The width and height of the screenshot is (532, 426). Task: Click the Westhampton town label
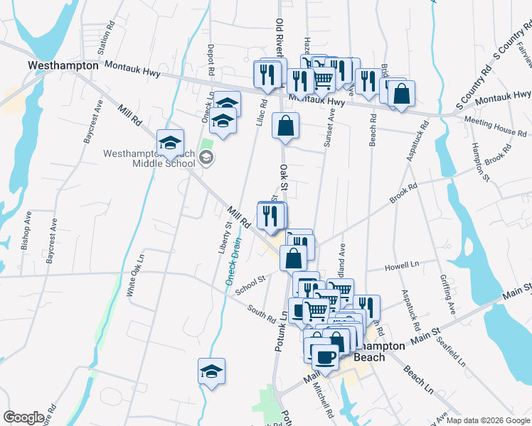[x=63, y=65]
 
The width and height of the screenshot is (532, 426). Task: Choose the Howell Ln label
[x=402, y=266]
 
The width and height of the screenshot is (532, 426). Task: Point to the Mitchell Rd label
[x=329, y=404]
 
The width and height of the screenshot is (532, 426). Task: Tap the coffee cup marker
[x=325, y=356]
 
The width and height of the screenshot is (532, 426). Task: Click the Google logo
[x=23, y=417]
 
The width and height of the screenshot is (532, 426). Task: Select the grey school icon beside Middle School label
[x=206, y=158]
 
